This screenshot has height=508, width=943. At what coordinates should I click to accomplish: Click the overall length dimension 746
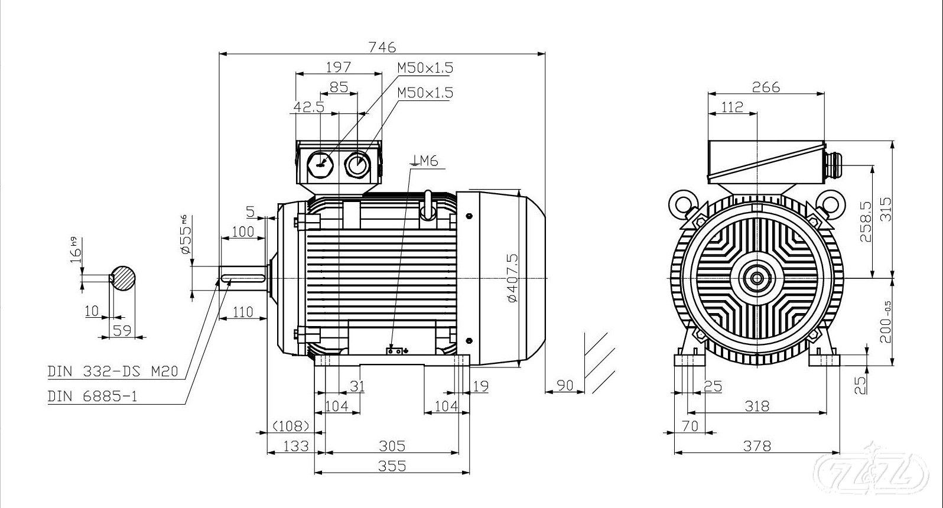point(382,47)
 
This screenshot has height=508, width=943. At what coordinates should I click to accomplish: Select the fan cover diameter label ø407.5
point(512,278)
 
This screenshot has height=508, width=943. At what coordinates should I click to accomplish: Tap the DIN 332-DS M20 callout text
point(112,372)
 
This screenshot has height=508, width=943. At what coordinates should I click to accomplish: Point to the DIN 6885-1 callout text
point(92,396)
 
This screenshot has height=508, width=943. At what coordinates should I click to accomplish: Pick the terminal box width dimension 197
point(339,67)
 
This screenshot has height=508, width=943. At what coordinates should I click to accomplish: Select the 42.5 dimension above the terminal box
point(308,107)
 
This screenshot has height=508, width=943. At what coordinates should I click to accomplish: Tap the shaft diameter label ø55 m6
point(185,235)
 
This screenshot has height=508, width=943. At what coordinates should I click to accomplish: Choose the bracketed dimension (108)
point(291,426)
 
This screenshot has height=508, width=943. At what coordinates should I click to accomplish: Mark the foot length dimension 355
point(392,466)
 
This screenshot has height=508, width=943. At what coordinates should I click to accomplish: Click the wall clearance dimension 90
point(565,385)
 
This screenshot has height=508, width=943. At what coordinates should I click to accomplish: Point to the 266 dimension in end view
point(766,87)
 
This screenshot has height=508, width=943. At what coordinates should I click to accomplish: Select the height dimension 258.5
point(866,222)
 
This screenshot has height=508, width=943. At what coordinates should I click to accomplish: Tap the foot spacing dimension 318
point(757,406)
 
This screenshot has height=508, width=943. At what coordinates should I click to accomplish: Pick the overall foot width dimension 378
point(757,446)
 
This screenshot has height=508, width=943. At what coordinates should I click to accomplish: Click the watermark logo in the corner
point(875,473)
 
